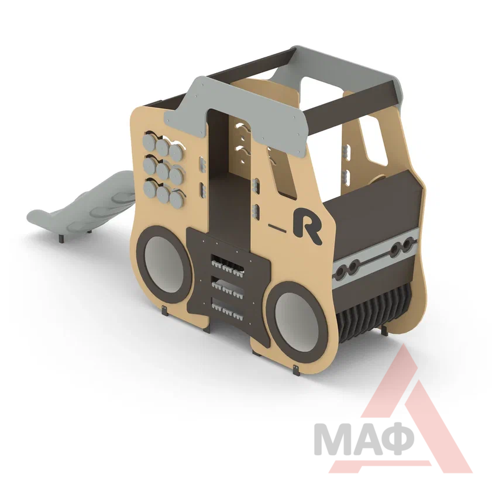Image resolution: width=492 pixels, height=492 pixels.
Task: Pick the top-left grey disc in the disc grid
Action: (150, 143)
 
